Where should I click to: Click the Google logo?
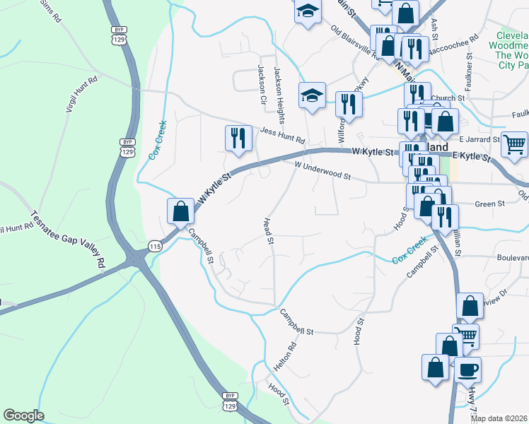click(x=23, y=416)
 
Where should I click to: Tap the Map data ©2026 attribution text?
click(x=499, y=418)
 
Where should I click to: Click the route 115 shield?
click(x=156, y=245)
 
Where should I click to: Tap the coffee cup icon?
click(x=467, y=369)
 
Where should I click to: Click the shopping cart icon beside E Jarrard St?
click(x=514, y=143)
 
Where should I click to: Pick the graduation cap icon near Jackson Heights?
click(x=311, y=95)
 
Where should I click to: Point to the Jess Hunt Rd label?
click(x=281, y=131)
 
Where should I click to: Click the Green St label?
click(x=489, y=204)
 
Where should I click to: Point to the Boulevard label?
click(x=513, y=259)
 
